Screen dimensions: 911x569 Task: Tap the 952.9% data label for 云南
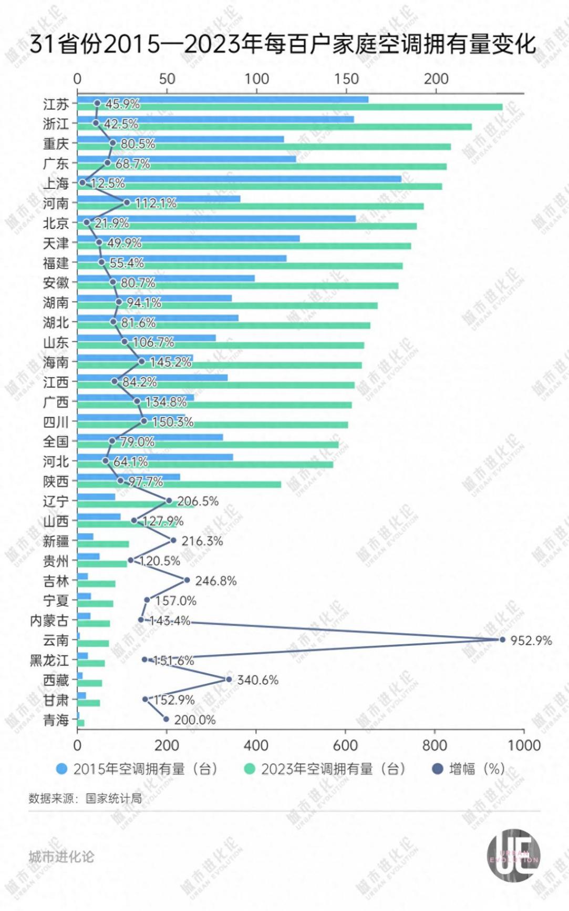531,641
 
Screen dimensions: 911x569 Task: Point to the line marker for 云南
502,640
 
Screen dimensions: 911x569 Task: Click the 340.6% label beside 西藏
257,680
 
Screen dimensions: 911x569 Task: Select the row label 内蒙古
49,621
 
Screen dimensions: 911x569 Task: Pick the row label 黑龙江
49,661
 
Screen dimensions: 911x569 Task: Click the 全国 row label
56,442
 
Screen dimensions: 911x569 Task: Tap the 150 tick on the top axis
346,79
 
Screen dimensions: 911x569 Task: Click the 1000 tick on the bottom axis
524,745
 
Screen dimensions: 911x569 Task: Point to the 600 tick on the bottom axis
345,745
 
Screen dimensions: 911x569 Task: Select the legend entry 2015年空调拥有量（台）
138,769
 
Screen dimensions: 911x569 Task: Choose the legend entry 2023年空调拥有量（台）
326,769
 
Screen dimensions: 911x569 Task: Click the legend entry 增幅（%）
469,769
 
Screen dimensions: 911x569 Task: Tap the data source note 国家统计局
85,798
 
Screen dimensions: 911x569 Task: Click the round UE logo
513,855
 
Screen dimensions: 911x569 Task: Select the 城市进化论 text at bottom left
61,857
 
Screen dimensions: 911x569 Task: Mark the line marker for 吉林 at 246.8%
187,580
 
